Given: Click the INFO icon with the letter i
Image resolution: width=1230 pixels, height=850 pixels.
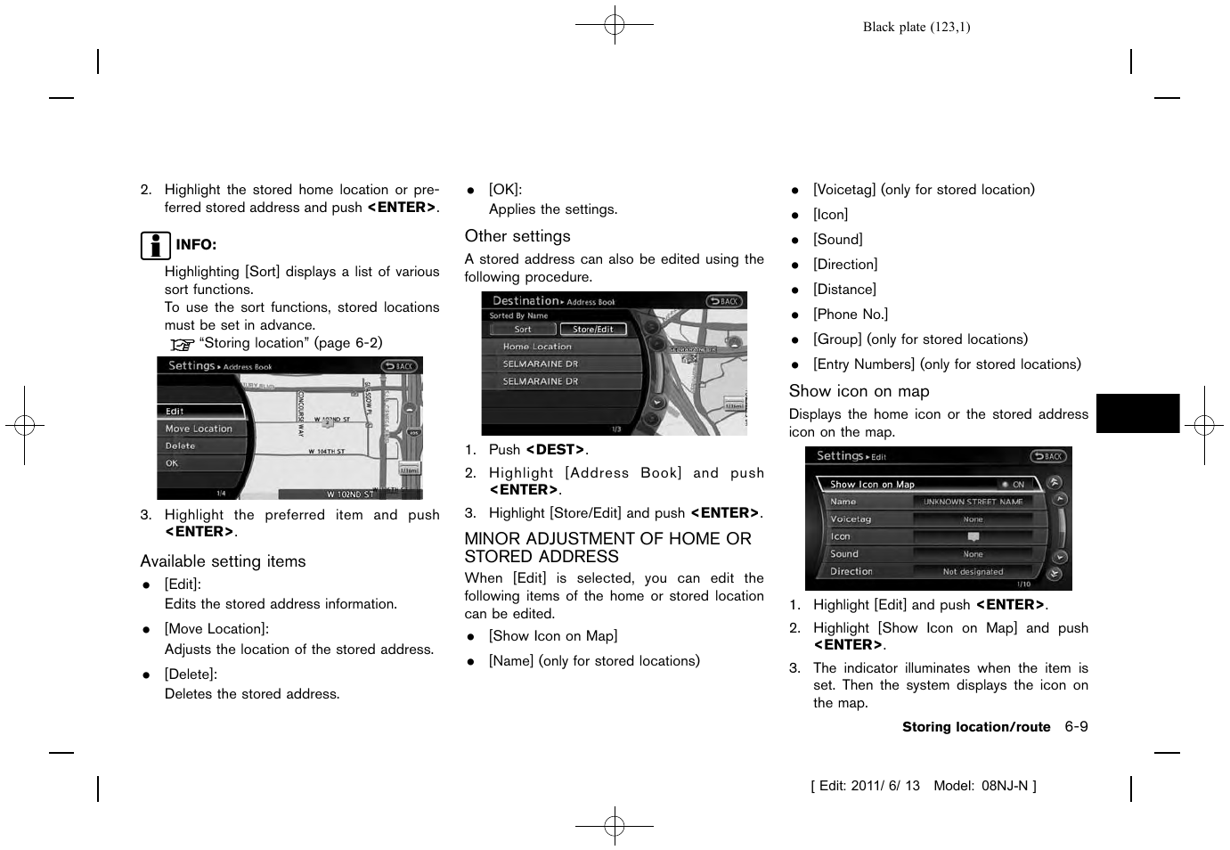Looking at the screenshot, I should coord(155,245).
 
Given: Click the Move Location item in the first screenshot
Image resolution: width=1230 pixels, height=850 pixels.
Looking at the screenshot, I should coord(199,429).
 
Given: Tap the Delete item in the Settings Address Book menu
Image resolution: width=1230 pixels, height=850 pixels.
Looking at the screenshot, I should coord(180,445).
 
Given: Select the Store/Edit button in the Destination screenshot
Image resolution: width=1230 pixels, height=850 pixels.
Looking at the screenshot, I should coord(592,329).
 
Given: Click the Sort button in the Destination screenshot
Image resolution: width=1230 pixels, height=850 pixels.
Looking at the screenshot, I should coord(523,329).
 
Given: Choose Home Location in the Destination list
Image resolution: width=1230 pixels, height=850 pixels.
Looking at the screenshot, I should coord(537,347).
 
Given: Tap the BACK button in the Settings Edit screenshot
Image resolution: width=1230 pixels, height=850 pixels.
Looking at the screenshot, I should coord(1048,456).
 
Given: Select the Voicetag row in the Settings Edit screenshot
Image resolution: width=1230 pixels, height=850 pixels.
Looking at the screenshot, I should coord(851,519).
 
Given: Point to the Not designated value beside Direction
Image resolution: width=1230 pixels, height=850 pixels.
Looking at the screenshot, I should coord(973,571).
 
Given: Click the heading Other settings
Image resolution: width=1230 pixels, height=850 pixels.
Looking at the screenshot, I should coord(517,236).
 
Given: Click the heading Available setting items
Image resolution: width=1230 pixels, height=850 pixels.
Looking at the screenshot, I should coord(223,561).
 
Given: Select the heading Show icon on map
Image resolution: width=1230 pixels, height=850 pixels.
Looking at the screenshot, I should coord(859,391).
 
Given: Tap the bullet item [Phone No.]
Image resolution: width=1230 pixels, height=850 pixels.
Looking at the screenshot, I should coord(850,315).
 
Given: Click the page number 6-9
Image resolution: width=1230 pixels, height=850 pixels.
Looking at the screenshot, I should coord(1076,727).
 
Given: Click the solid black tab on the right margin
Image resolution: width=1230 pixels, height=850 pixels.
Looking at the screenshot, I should coord(1137,413).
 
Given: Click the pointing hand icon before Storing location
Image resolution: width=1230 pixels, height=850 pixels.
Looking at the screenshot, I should coord(182,344).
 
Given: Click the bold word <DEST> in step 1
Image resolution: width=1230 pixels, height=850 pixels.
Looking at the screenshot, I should coord(556,450).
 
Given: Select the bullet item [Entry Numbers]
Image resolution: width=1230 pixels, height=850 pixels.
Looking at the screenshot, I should coord(946,364).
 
